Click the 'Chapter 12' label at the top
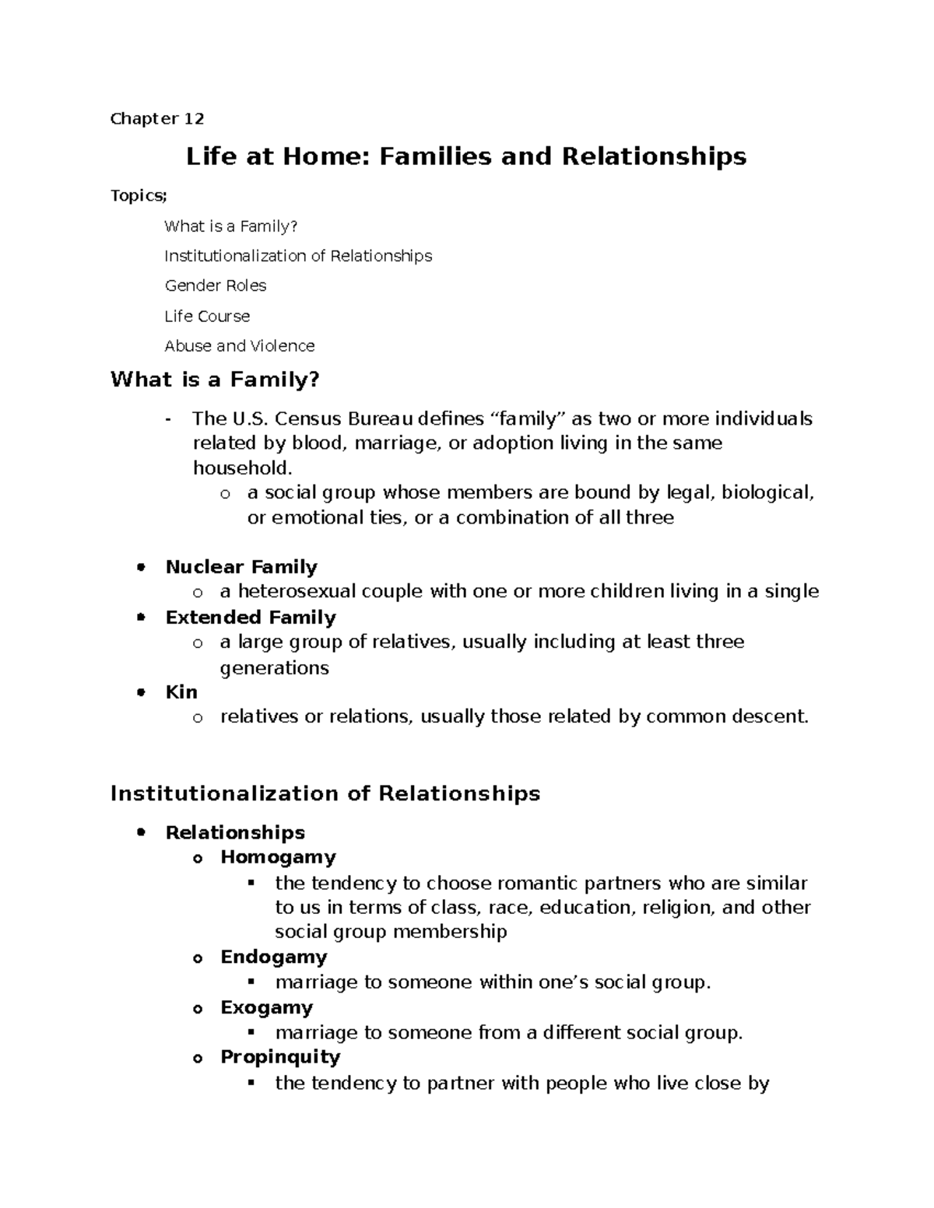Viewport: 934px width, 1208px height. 157,119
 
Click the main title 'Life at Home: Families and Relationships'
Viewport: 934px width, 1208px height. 465,156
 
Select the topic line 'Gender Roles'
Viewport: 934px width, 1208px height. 216,285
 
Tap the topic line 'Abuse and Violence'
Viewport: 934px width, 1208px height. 240,345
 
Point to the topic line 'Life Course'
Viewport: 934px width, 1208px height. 207,316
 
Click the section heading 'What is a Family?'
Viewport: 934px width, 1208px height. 216,380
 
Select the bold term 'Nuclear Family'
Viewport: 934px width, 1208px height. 241,566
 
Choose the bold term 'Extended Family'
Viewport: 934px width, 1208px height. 251,617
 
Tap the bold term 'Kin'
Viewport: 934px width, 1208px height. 181,692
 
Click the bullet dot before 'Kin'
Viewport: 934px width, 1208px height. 141,692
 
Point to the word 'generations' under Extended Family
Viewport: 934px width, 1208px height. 275,667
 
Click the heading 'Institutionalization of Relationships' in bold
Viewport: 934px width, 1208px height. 325,793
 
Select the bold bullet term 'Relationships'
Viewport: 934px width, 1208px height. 235,832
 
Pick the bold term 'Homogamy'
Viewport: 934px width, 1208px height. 278,856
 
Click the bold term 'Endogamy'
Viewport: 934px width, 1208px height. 273,956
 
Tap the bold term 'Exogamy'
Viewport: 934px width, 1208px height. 266,1007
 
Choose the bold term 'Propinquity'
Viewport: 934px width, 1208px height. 280,1056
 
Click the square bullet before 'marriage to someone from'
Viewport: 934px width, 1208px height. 251,1032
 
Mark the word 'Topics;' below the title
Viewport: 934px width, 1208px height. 139,196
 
